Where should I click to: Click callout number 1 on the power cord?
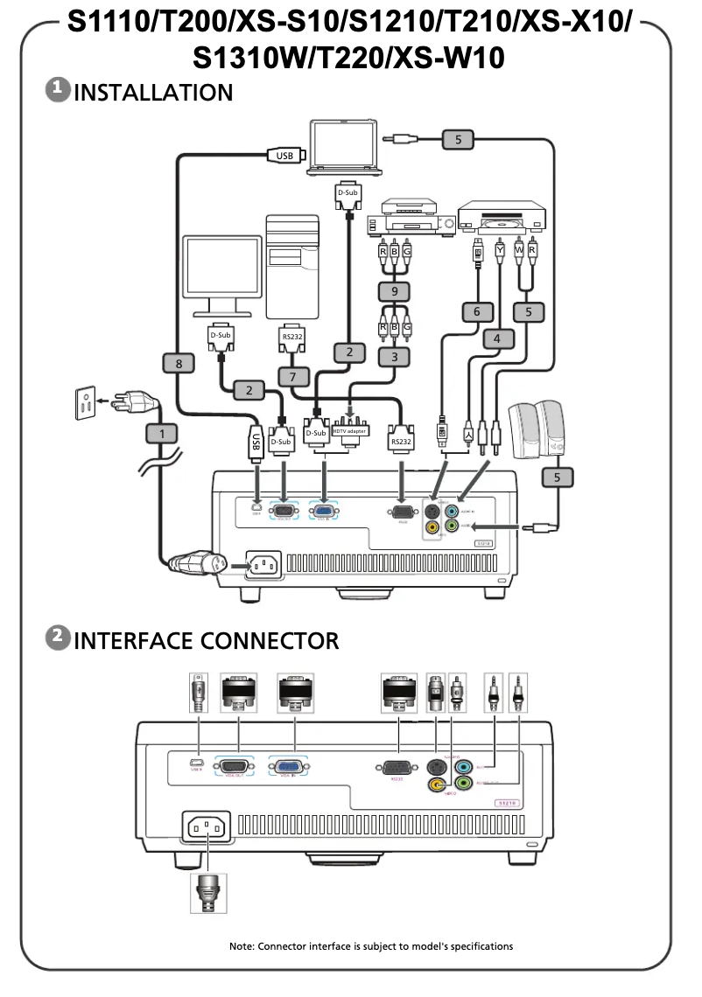pos(160,432)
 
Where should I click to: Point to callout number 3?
pos(394,356)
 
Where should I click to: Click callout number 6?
pos(476,311)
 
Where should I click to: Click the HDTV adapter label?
pos(348,430)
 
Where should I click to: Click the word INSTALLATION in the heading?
pos(153,92)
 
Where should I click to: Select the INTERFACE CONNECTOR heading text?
pos(206,640)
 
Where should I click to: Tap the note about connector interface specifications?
pos(371,946)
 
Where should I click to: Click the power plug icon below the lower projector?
pos(207,892)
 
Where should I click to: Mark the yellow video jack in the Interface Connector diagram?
pos(435,785)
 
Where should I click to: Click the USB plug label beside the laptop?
pos(286,156)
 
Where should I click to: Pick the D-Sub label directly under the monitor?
pos(219,335)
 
